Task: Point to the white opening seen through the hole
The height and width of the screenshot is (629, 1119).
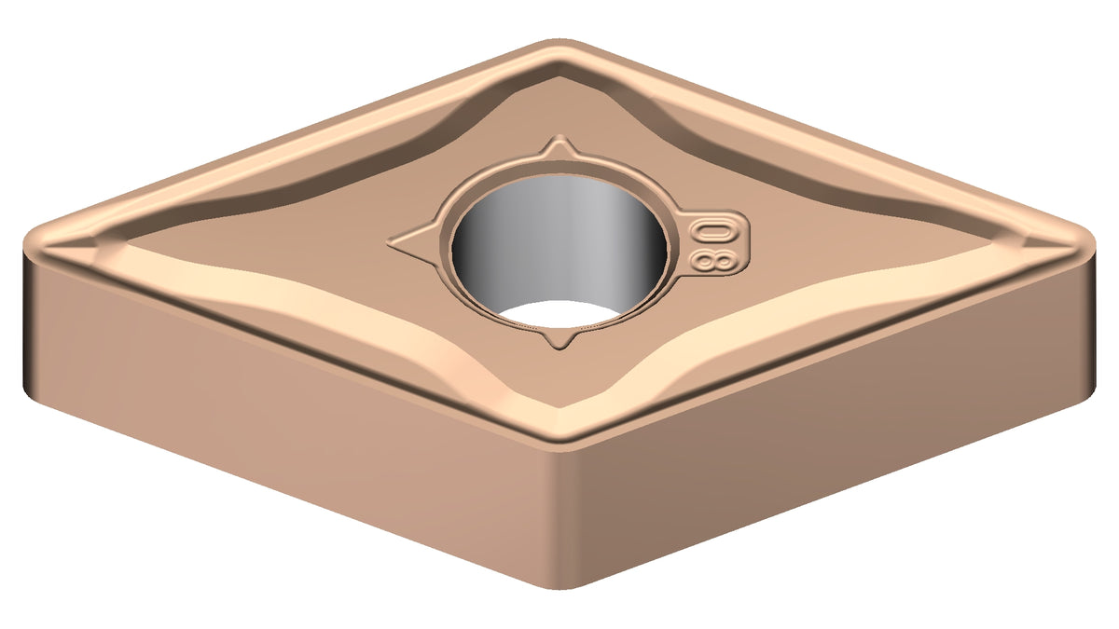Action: coord(559,315)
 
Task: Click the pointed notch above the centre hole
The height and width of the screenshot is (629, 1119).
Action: coord(560,147)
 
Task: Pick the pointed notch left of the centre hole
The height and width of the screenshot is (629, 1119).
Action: coord(415,244)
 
